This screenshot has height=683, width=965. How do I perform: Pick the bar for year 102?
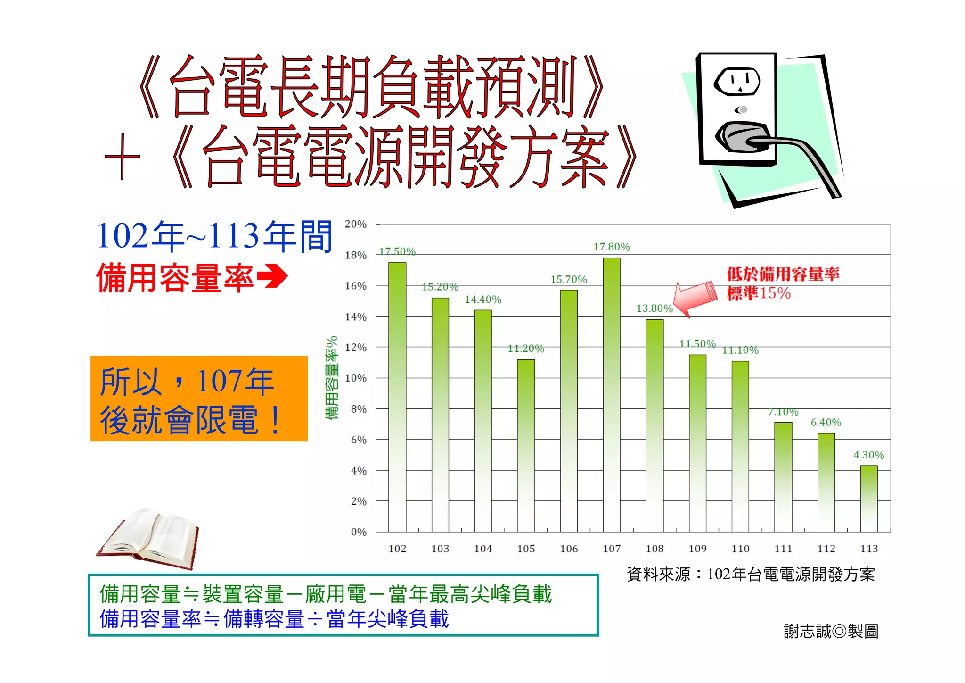tap(397, 397)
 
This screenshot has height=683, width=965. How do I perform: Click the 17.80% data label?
tap(612, 247)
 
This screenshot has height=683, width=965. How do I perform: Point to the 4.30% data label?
tap(869, 455)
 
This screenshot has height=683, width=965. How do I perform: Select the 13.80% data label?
tap(654, 308)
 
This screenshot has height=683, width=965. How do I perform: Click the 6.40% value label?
tap(826, 423)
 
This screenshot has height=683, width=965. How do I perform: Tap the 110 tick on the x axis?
tap(740, 549)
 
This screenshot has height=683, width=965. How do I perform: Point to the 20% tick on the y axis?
tap(356, 225)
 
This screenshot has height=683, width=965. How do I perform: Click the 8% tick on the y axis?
tap(359, 409)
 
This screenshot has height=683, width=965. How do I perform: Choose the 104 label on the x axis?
tap(483, 549)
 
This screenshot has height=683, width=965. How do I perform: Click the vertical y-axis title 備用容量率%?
tap(332, 377)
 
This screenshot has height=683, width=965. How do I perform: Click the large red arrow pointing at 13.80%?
tap(695, 297)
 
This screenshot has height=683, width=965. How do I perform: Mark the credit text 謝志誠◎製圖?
tap(831, 631)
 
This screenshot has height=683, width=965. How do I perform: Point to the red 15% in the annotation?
tap(775, 293)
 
